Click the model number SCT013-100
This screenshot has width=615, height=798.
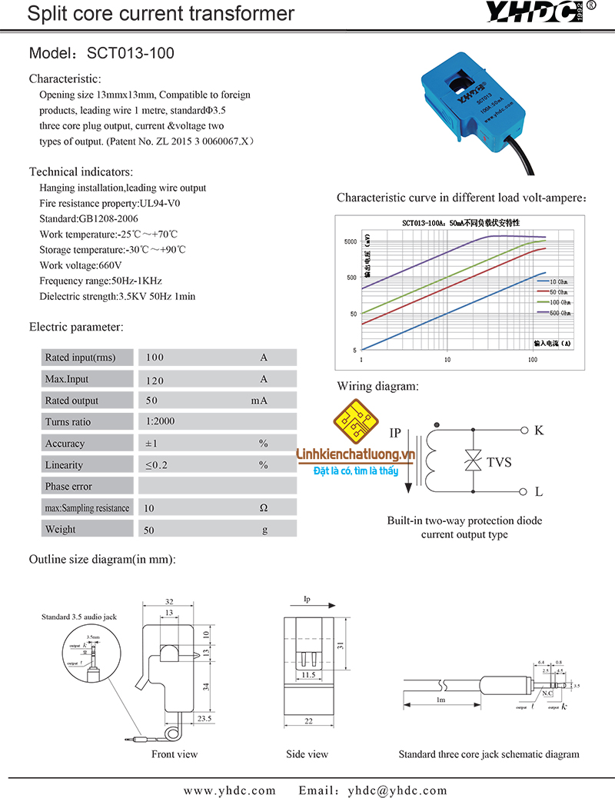click(131, 54)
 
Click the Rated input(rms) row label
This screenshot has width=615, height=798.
click(80, 357)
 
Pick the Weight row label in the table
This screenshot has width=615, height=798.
click(61, 530)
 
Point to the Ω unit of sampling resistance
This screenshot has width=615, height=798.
click(263, 508)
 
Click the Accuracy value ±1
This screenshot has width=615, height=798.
click(151, 444)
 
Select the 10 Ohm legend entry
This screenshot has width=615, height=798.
click(558, 282)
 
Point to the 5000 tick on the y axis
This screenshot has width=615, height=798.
click(351, 241)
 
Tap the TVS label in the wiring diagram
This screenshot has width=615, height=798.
click(499, 462)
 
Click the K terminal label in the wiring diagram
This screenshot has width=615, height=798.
click(539, 431)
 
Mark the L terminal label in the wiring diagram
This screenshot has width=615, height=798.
click(539, 491)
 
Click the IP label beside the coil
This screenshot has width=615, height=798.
click(396, 433)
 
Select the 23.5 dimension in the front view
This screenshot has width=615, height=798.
click(204, 720)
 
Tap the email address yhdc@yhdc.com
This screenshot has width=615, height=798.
click(397, 790)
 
